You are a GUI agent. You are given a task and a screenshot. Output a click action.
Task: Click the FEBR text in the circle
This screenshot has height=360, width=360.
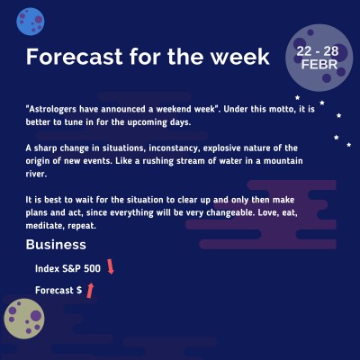pyautogui.click(x=320, y=66)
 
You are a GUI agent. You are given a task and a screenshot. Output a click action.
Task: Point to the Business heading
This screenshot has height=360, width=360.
pyautogui.click(x=56, y=245)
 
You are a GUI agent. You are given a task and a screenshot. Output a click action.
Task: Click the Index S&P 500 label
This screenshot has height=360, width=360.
pyautogui.click(x=68, y=268)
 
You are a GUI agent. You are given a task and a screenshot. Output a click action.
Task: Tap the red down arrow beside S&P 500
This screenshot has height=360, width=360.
pyautogui.click(x=111, y=266)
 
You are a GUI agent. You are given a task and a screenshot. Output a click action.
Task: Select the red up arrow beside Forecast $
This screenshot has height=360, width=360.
pyautogui.click(x=90, y=289)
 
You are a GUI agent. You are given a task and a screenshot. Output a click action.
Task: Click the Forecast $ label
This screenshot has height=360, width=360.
pyautogui.click(x=58, y=291)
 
